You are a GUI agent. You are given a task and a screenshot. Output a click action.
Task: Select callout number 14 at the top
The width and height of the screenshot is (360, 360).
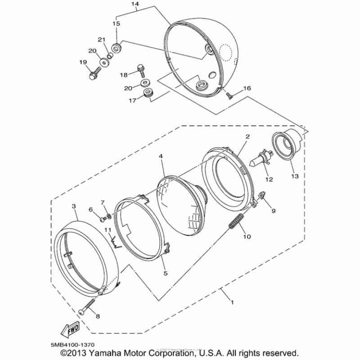pyautogui.click(x=135, y=4)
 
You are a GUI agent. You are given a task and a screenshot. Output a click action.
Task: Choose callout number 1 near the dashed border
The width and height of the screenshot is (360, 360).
pyautogui.click(x=232, y=302)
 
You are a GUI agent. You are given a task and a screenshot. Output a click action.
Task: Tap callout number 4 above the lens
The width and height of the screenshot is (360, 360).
pyautogui.click(x=161, y=157)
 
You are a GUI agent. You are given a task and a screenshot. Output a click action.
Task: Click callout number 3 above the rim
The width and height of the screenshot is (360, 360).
pyautogui.click(x=74, y=206)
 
